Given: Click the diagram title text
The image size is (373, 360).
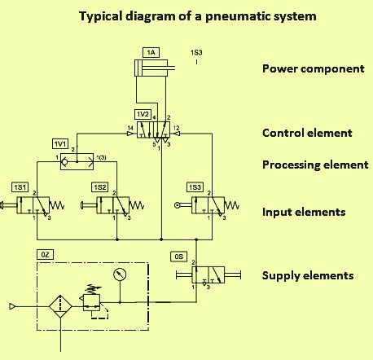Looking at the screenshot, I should tap(186, 15).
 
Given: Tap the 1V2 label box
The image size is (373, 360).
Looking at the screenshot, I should tap(143, 113).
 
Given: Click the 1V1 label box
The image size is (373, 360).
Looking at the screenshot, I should tap(60, 143).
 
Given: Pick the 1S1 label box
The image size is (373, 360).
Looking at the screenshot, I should tap(20, 187).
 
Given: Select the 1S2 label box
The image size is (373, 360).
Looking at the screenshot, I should tap(100, 187).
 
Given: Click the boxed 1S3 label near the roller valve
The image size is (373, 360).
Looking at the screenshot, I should tap(195, 187).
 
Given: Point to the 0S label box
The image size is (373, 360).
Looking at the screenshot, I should tap(179, 256).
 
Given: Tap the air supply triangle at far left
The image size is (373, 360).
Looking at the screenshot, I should tap(12, 307).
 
